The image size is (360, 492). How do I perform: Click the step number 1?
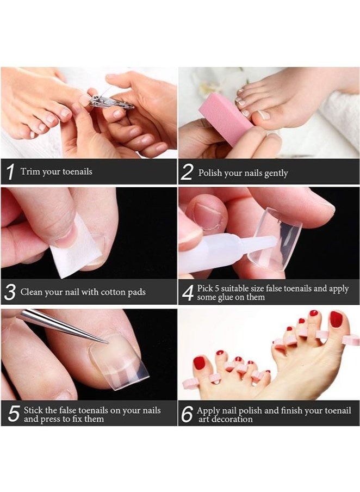point(10,173)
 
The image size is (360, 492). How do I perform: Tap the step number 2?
point(187,173)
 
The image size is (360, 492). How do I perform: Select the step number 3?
point(10,292)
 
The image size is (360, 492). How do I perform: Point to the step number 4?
point(188,293)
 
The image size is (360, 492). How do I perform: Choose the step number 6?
point(187,414)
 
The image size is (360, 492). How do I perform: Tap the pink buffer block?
point(224,117)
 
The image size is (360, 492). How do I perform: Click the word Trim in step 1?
point(30,171)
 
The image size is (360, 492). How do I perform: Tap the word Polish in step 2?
point(210,173)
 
